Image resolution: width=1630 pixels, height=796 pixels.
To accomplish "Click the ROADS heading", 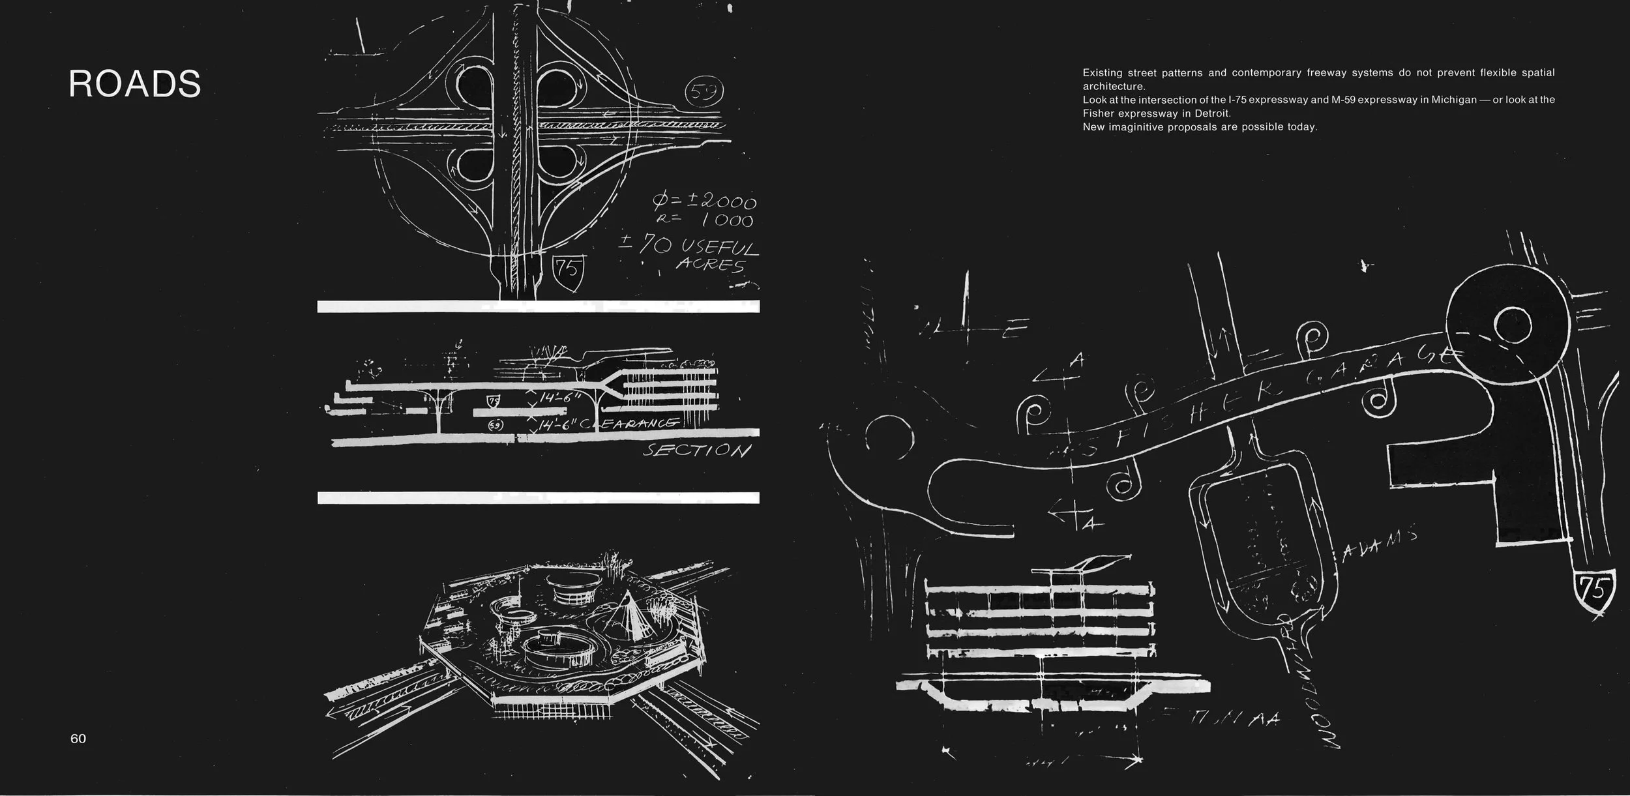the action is [134, 84].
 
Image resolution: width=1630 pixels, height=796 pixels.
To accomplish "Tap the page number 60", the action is [78, 738].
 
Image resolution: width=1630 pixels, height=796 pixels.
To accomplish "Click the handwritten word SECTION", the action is [696, 450].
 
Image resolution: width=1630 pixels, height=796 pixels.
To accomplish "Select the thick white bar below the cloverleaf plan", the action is [538, 306].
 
